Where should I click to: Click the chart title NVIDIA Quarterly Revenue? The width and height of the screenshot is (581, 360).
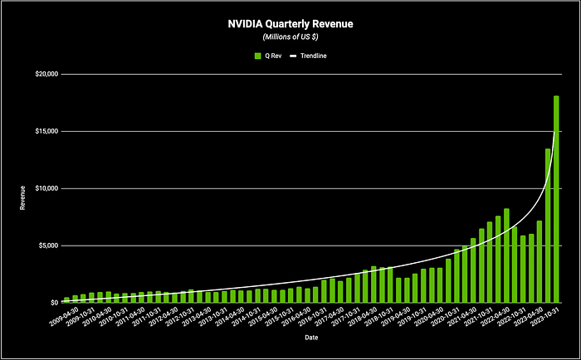click(290, 24)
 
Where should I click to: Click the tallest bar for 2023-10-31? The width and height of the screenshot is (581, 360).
click(556, 199)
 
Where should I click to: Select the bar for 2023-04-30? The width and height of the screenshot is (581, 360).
click(539, 261)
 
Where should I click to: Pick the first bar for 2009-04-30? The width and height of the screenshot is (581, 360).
click(66, 300)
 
